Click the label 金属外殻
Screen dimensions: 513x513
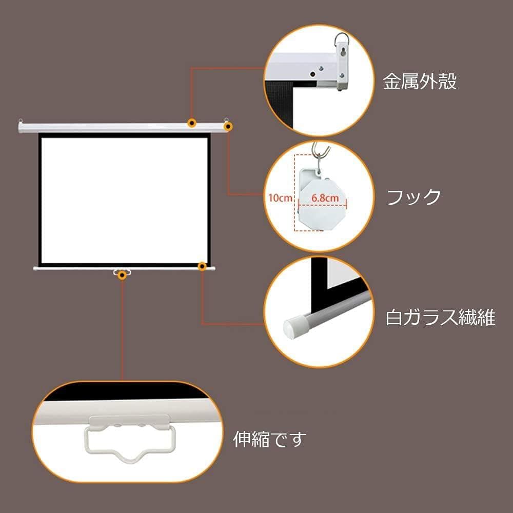(420, 82)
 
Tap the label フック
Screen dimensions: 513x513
(413, 197)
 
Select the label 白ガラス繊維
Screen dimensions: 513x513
(440, 318)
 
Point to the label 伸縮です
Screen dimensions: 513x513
(269, 439)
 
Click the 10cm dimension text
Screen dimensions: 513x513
(280, 197)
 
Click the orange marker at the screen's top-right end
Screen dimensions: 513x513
(228, 125)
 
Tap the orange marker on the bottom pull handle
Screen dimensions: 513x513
(122, 275)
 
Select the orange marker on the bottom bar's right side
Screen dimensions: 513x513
(203, 266)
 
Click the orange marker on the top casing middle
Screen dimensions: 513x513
(192, 123)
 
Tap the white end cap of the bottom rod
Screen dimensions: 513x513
(293, 327)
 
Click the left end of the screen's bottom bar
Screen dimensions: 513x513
(36, 268)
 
